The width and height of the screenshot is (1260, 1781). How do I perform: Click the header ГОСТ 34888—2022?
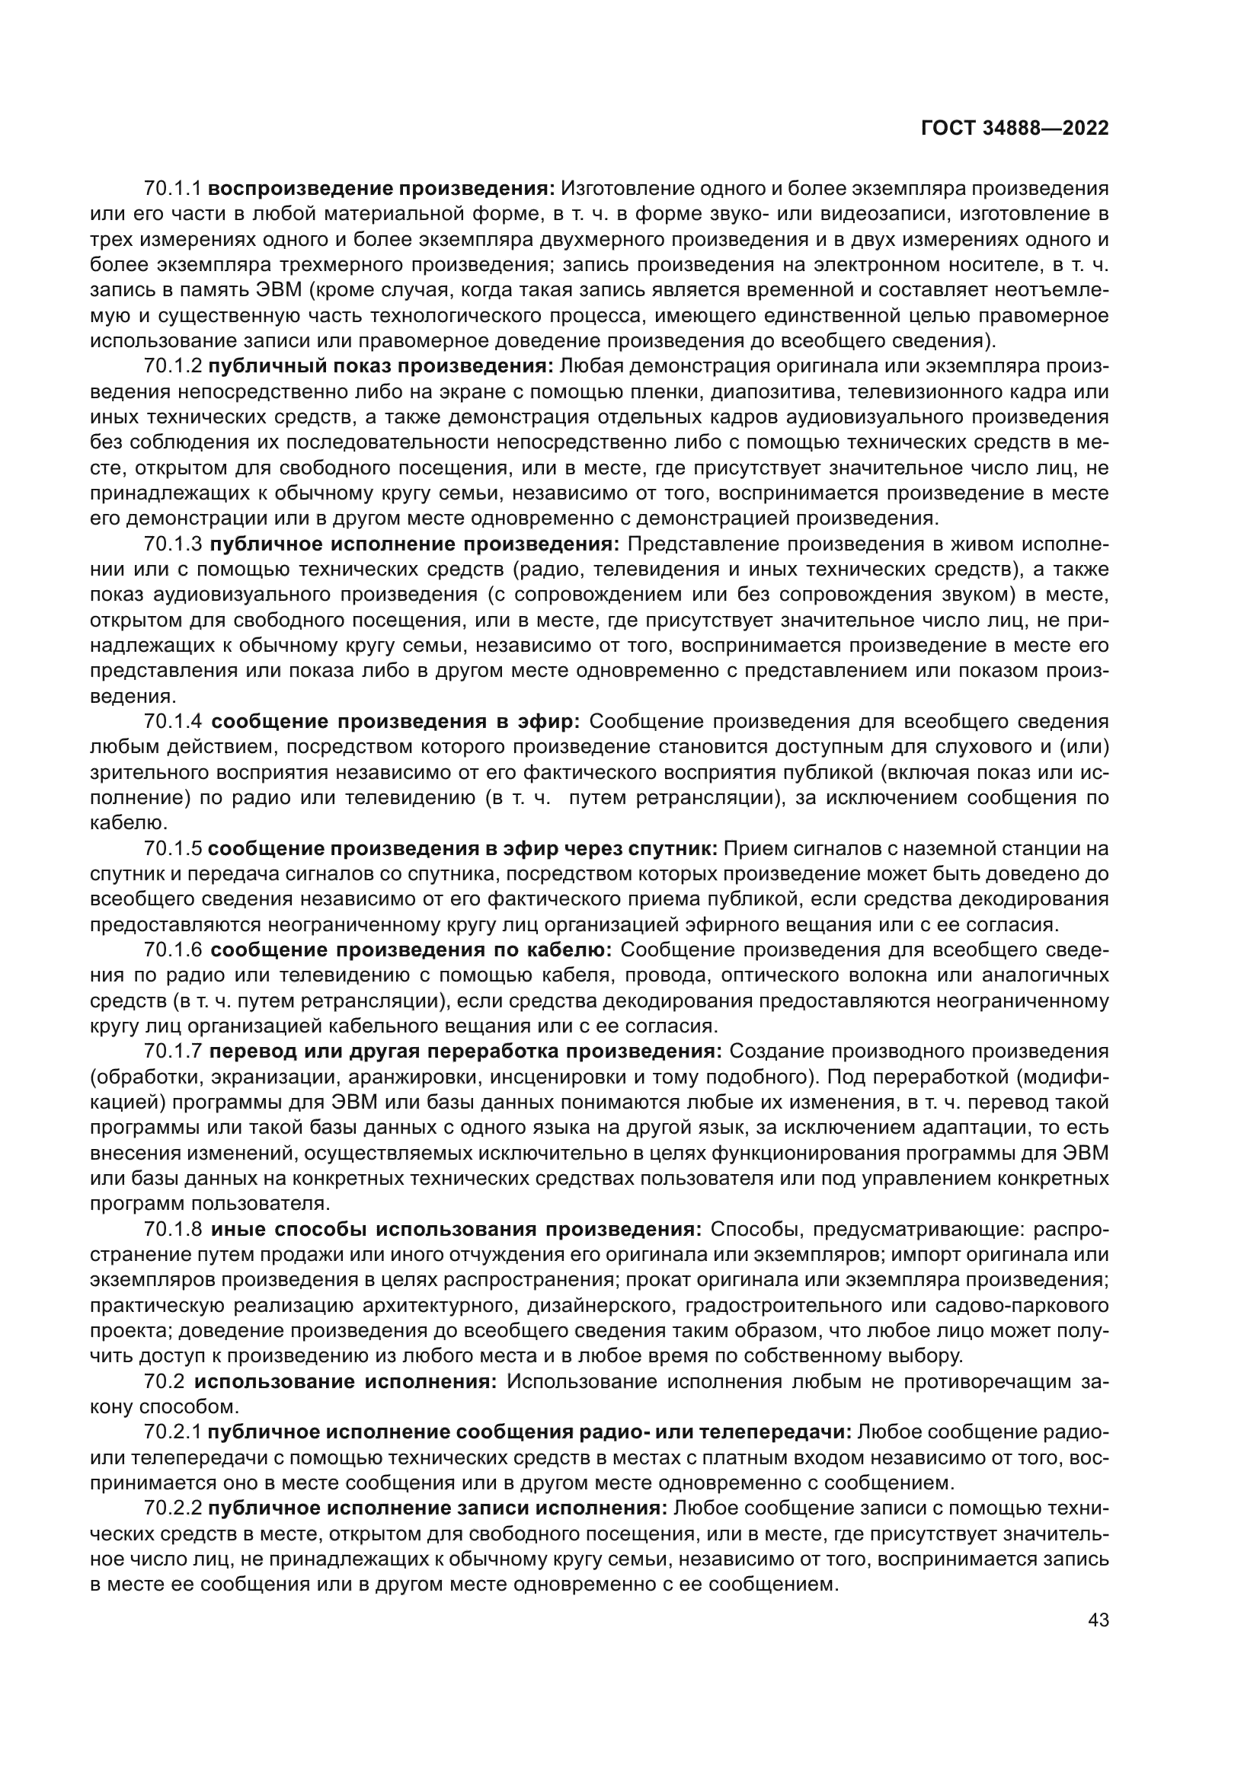click(1014, 129)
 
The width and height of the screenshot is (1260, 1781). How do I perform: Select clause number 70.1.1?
click(172, 189)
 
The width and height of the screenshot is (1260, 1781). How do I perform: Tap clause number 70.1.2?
click(172, 366)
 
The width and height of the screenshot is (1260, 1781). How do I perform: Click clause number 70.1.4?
click(172, 721)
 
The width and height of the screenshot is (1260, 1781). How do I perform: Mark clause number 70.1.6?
click(172, 950)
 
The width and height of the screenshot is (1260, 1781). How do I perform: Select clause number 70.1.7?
click(172, 1052)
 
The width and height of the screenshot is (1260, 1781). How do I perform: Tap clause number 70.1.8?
click(172, 1230)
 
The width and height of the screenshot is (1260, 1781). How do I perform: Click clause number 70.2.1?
click(172, 1433)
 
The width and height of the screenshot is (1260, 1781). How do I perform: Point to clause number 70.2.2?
click(172, 1508)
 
